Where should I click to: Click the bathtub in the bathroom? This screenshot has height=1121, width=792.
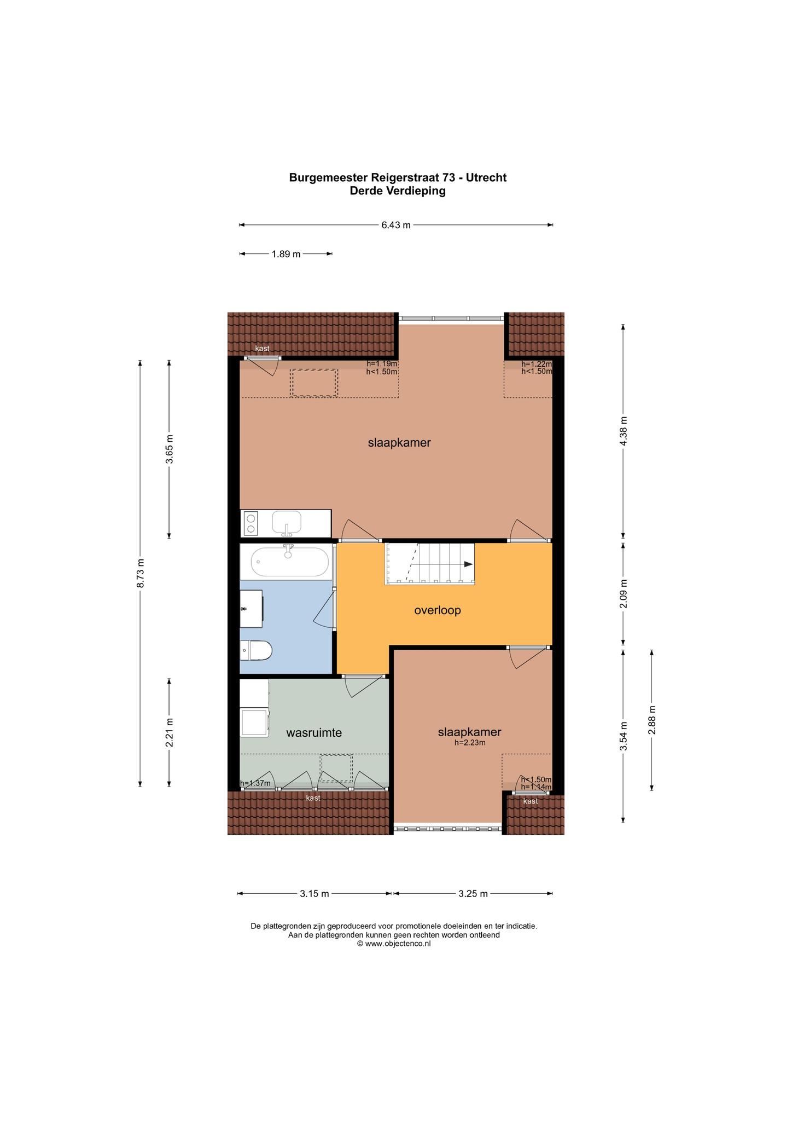(x=290, y=562)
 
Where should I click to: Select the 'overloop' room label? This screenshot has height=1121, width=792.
(x=438, y=610)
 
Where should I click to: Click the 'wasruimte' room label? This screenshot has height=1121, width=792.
(x=314, y=732)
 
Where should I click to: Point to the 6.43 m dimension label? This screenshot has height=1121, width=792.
(x=396, y=225)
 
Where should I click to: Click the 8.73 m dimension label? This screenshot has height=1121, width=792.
(x=141, y=573)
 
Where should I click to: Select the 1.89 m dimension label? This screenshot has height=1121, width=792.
(x=286, y=254)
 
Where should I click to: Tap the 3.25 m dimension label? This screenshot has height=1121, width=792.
(x=473, y=894)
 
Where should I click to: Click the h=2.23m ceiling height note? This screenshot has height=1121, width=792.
(x=470, y=743)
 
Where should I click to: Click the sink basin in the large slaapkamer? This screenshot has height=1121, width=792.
(x=287, y=522)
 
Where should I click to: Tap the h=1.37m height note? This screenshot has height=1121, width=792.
(x=255, y=783)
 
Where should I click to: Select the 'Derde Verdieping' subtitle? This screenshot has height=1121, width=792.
(x=398, y=191)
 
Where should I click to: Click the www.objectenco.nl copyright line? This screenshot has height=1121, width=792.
(x=394, y=944)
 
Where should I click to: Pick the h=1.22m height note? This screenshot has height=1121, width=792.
(x=537, y=364)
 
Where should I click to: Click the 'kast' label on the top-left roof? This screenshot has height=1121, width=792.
(x=263, y=349)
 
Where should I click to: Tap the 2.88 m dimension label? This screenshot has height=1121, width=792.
(x=652, y=720)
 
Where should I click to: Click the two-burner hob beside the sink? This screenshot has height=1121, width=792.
(x=251, y=523)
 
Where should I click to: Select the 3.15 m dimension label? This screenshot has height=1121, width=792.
(x=315, y=894)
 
